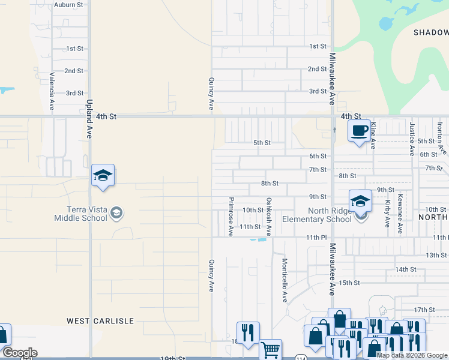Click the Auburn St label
(x=67, y=5)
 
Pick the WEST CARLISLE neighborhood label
(x=100, y=321)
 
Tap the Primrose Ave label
(x=231, y=216)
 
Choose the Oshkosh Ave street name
(x=269, y=216)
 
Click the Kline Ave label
(x=373, y=134)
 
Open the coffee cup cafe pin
(x=360, y=131)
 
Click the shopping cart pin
(x=271, y=349)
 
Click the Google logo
(x=20, y=353)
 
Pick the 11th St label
(x=250, y=227)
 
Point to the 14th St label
(x=406, y=269)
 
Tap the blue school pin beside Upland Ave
(x=103, y=176)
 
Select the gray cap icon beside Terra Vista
(x=116, y=212)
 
